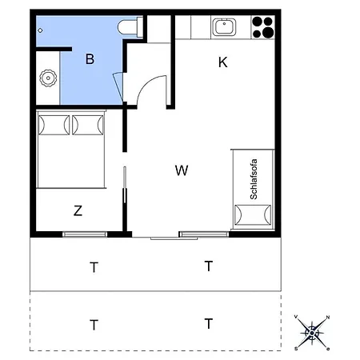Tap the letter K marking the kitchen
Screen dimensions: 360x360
223,62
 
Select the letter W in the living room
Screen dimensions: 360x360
182,170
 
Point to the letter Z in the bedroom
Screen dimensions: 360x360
78,211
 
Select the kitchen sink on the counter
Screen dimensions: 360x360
225,28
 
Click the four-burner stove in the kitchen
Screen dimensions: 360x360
262,28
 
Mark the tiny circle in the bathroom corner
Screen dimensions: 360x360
40,29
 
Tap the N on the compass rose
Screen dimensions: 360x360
327,318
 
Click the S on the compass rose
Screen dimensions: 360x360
297,348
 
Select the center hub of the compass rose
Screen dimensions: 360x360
312,332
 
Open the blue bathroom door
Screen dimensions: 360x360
118,83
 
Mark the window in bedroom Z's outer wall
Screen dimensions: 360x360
85,234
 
